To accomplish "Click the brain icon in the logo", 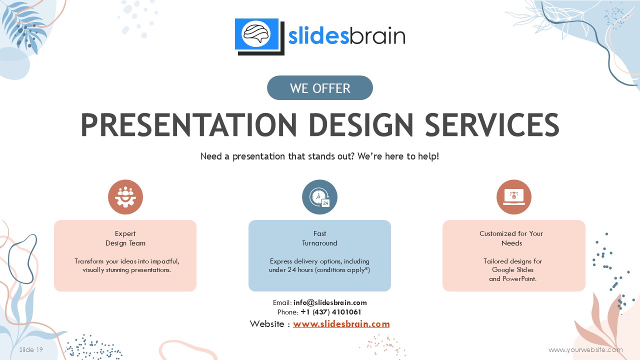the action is (x=256, y=34).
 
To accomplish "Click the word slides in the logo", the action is (x=318, y=36).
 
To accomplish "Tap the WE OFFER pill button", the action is (x=319, y=87).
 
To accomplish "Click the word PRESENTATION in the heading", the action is (x=189, y=125).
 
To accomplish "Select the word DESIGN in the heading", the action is (x=361, y=125).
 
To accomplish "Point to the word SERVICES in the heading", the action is (x=491, y=125).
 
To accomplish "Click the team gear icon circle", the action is (x=125, y=197).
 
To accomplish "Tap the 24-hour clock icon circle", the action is (x=319, y=197).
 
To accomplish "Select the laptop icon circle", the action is (x=513, y=197).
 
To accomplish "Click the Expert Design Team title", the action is (x=125, y=238).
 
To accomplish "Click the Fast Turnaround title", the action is (x=319, y=238).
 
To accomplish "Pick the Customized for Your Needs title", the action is (x=511, y=238).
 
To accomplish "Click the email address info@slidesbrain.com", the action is (x=330, y=302).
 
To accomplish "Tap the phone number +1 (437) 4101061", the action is (x=331, y=312).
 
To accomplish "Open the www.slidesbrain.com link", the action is (x=341, y=324).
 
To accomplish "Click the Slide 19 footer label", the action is (x=31, y=349).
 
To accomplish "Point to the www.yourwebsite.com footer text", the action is (x=585, y=349).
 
